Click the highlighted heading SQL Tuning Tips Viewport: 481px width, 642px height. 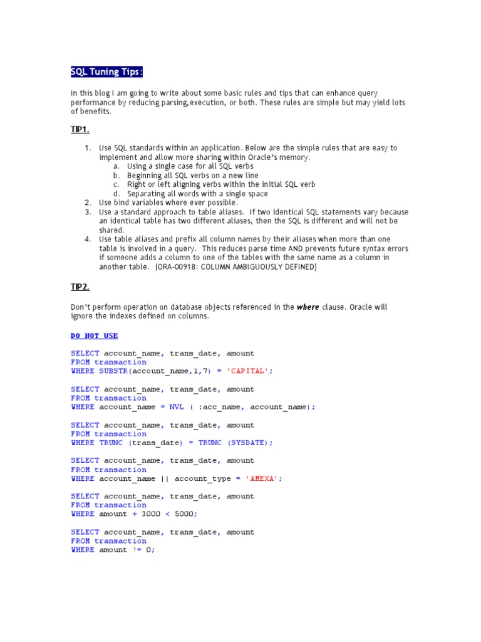pos(106,72)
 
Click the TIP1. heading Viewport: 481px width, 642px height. pos(80,129)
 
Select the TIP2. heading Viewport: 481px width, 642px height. pos(80,287)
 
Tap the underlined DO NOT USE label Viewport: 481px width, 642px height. pos(95,336)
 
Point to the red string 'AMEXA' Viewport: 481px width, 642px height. pos(263,478)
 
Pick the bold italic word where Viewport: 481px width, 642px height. pos(308,307)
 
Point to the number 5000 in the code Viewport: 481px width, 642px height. pos(186,514)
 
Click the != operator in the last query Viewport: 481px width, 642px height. pos(137,550)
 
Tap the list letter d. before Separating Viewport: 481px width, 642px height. pos(116,194)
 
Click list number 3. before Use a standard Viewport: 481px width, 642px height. pos(88,212)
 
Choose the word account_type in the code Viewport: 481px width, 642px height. pos(200,478)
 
